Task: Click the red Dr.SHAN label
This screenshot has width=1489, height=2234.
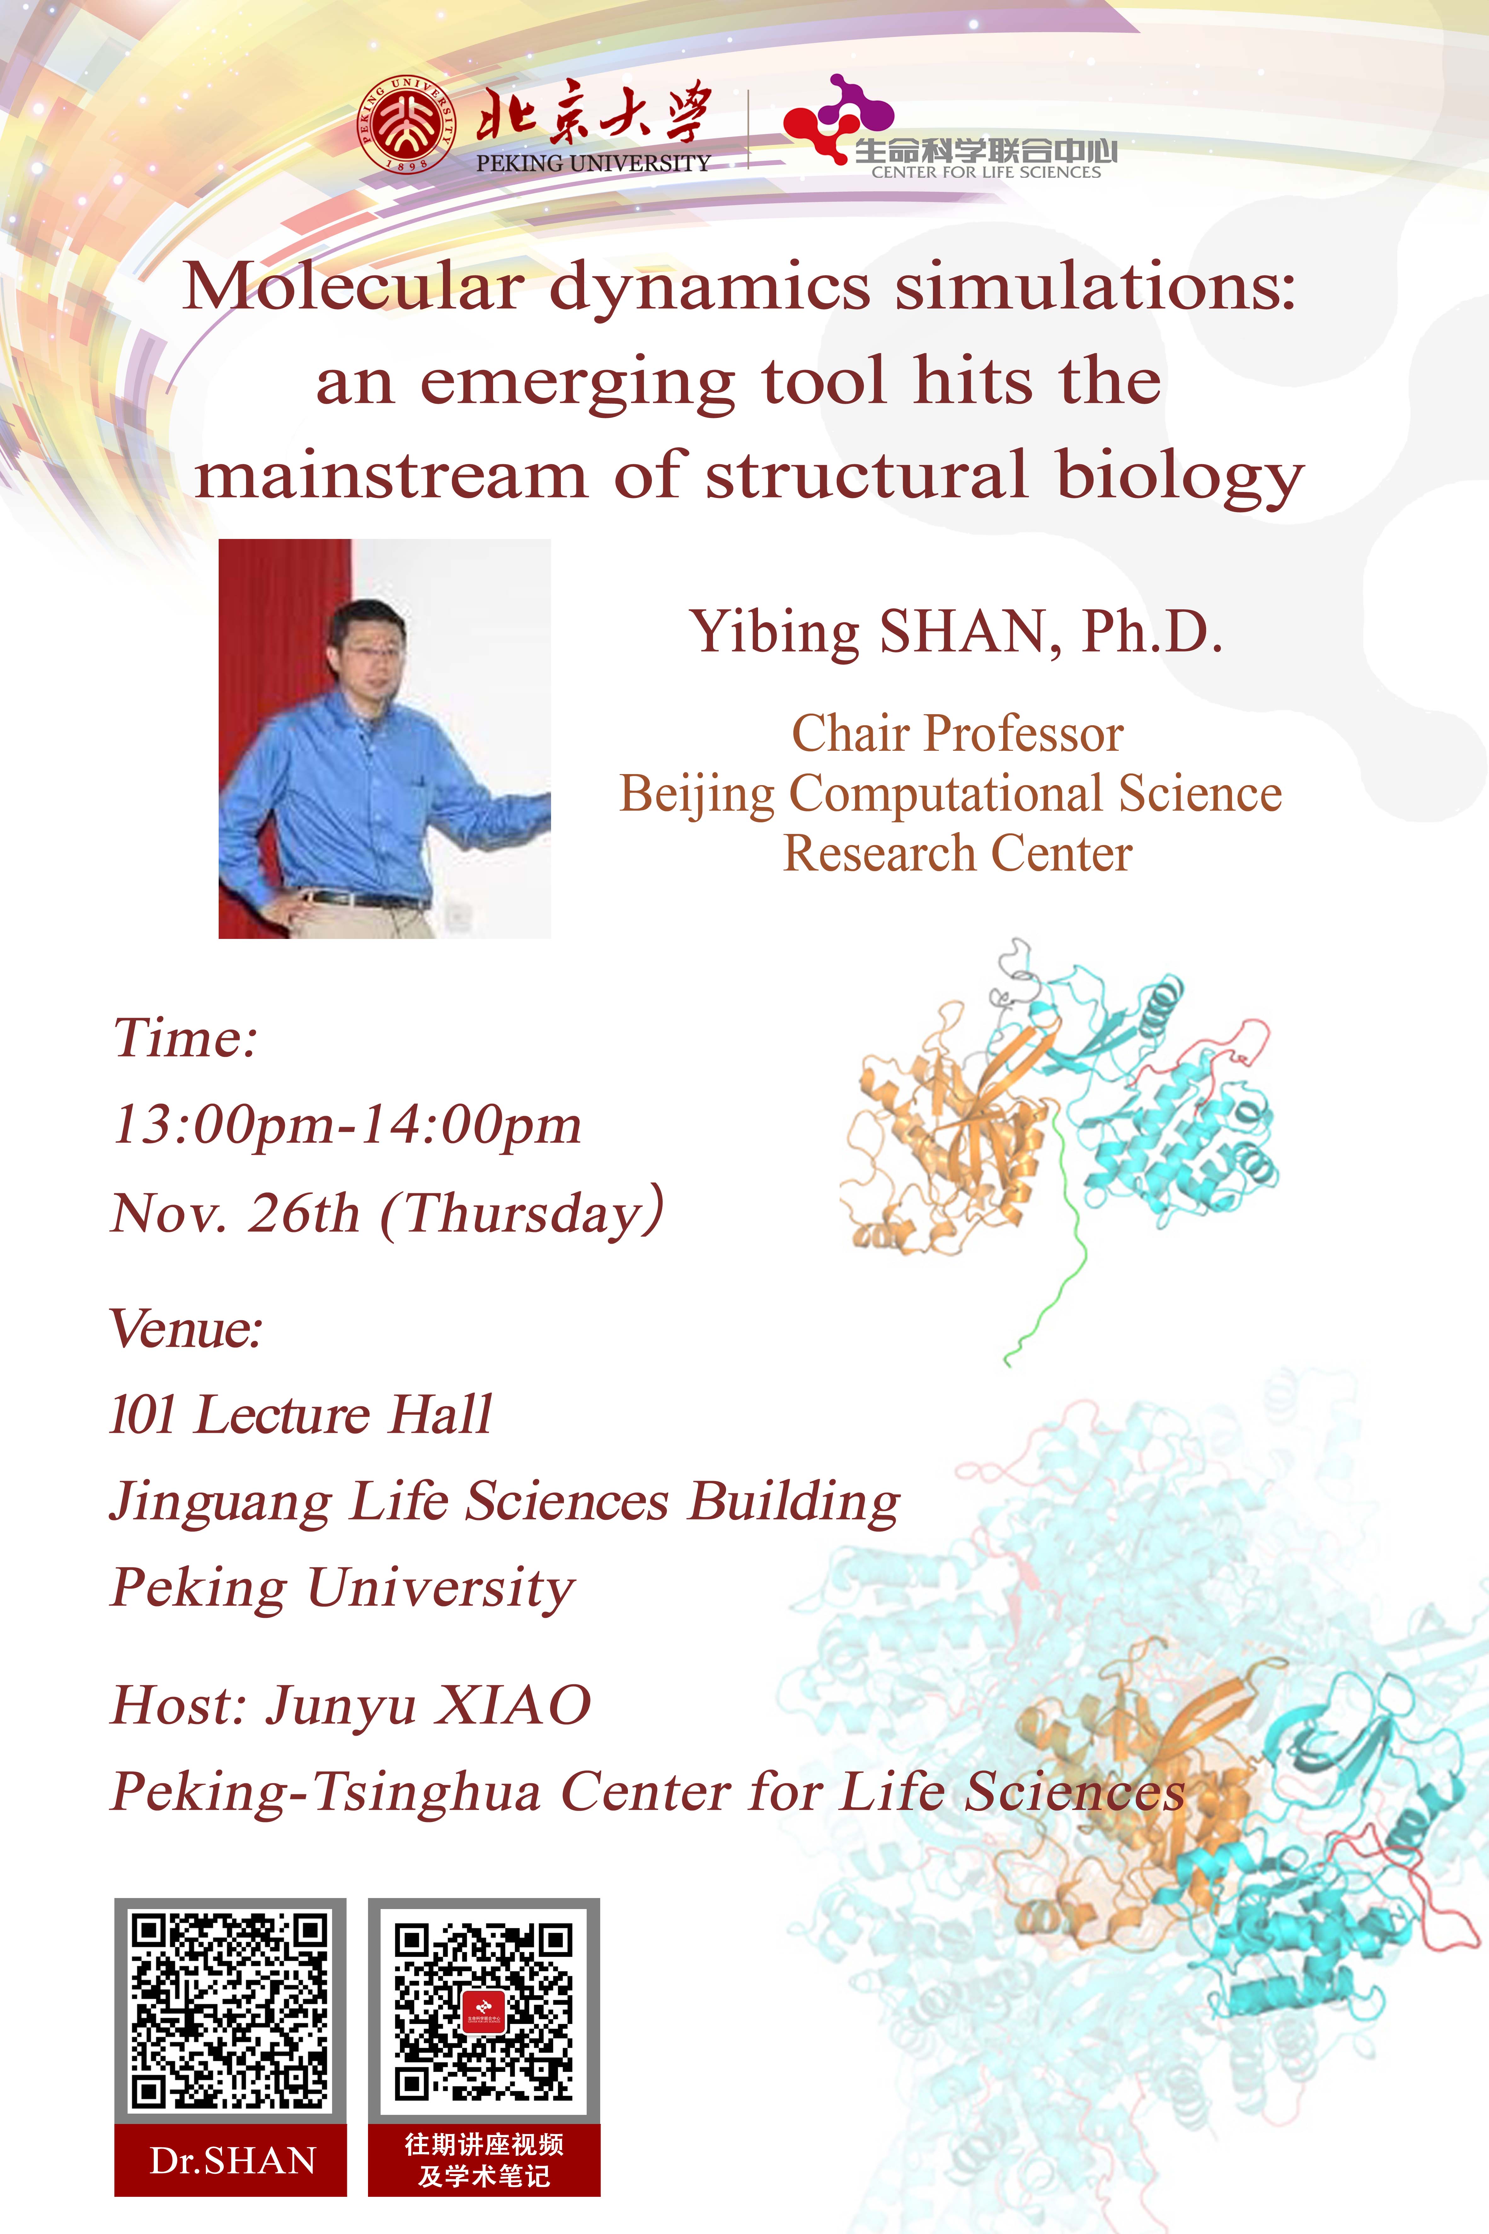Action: (x=231, y=2161)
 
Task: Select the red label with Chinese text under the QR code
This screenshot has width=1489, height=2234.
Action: (x=484, y=2161)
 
